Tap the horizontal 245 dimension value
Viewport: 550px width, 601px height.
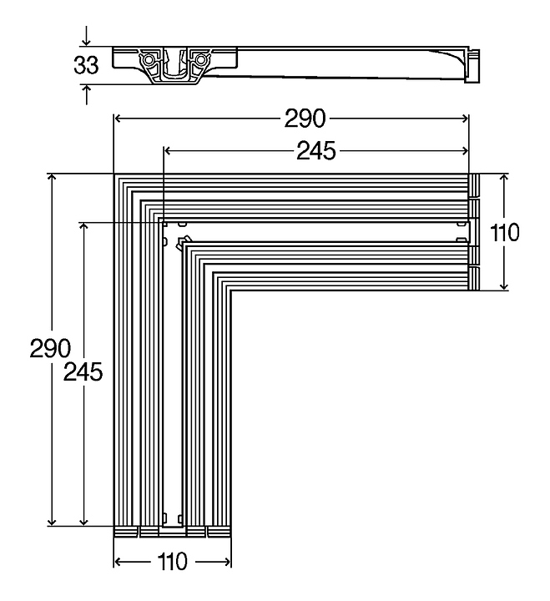pyautogui.click(x=315, y=150)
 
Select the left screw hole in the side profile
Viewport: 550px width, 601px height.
pyautogui.click(x=148, y=61)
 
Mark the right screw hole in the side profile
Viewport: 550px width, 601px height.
pyautogui.click(x=199, y=61)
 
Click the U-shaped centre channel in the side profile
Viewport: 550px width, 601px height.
pyautogui.click(x=174, y=67)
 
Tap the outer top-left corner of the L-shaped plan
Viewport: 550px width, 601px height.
pyautogui.click(x=114, y=174)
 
